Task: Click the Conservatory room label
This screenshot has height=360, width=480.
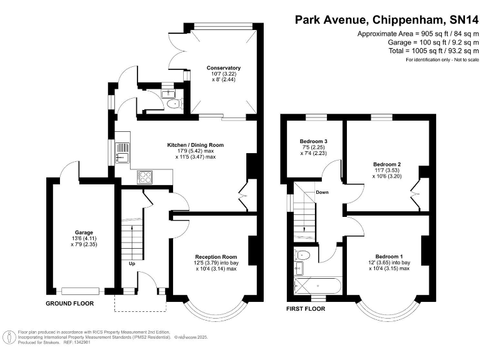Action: click(224, 68)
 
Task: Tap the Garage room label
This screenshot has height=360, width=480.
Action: click(84, 232)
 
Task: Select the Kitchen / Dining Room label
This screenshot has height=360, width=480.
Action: click(195, 145)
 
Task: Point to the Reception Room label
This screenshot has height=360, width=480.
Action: click(216, 257)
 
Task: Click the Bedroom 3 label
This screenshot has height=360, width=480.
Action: click(314, 141)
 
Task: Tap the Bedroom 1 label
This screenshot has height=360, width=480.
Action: click(389, 256)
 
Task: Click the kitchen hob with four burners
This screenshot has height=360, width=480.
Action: click(145, 177)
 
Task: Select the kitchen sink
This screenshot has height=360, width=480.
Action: click(122, 153)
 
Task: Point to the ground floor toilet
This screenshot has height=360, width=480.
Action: click(175, 104)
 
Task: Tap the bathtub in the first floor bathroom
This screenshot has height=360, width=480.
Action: click(317, 286)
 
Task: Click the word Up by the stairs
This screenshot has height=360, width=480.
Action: click(132, 264)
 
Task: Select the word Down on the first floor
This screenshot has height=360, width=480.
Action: click(322, 192)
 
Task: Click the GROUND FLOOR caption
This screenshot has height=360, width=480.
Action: click(70, 304)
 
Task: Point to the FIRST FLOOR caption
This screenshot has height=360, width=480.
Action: click(306, 309)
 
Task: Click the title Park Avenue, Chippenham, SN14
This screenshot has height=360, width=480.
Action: click(386, 20)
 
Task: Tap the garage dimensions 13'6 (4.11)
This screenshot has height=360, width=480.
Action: click(84, 239)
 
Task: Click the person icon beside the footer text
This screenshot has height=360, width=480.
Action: click(11, 337)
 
